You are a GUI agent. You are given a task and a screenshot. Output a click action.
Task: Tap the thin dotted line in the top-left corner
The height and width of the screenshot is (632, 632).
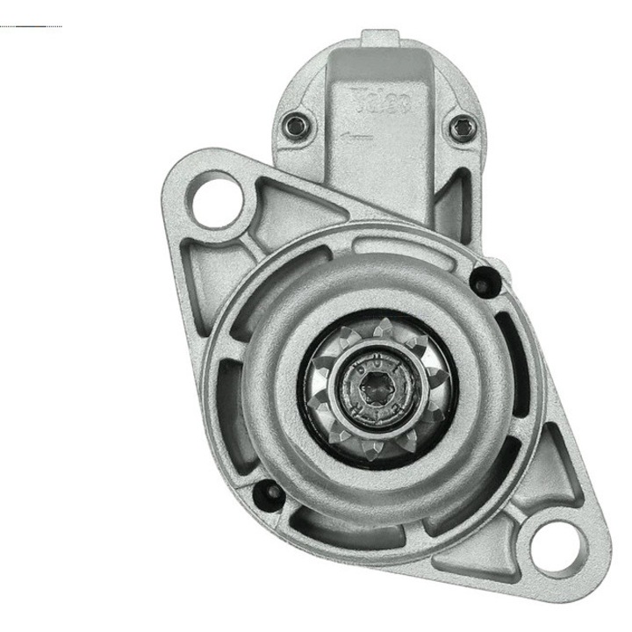click(32, 26)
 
